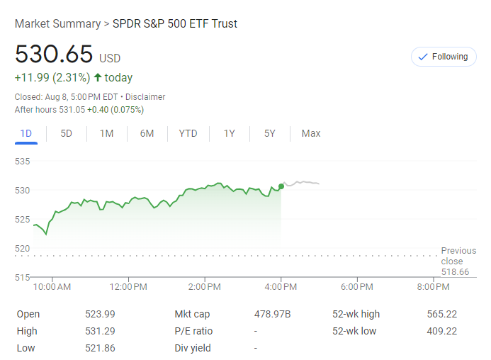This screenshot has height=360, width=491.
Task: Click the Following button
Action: tap(444, 57)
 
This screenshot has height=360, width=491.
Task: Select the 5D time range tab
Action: tap(66, 133)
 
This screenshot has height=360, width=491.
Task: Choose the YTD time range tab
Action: tap(188, 133)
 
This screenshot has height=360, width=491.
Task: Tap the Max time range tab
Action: tap(310, 133)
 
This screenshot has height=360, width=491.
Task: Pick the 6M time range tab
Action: tap(147, 133)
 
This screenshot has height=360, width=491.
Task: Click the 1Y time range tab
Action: tap(229, 133)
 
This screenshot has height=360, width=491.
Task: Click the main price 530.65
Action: tap(54, 55)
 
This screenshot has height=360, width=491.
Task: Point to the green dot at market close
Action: tap(281, 186)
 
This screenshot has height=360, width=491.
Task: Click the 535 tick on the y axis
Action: tap(22, 162)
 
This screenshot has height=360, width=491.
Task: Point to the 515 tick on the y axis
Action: tap(22, 277)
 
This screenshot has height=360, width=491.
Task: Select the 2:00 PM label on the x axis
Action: tap(206, 287)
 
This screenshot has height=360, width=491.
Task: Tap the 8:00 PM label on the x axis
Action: tap(433, 287)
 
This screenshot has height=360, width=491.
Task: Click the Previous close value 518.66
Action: tap(455, 272)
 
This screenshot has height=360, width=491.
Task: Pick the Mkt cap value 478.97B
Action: tap(273, 314)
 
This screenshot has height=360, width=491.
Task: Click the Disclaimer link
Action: tap(146, 97)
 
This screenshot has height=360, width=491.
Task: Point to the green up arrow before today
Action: tap(97, 78)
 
